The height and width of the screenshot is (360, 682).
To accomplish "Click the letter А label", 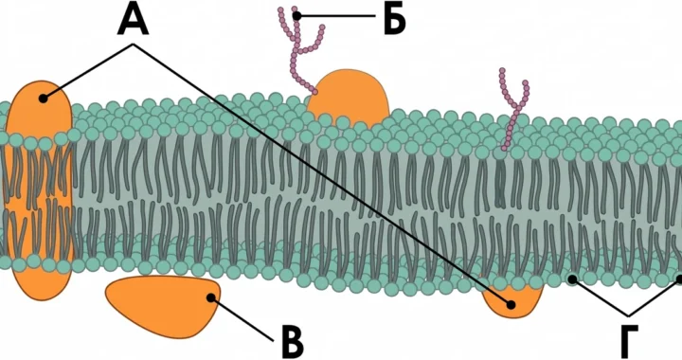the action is click(134, 20).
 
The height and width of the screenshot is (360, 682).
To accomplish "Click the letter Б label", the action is click(394, 20).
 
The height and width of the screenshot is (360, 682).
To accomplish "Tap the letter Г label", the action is click(629, 341).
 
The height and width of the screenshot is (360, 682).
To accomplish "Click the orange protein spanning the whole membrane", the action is click(39, 189).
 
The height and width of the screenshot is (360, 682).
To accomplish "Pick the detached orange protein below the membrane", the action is click(163, 305).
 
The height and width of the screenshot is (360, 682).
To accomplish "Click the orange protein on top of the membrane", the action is click(348, 99).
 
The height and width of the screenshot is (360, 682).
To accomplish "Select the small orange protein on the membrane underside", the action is click(513, 300).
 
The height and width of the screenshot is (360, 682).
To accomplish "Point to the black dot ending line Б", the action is click(297, 16).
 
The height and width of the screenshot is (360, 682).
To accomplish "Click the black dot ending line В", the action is click(211, 297).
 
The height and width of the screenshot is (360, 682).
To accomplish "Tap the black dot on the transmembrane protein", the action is click(43, 99).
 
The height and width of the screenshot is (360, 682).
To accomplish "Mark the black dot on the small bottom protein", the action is click(511, 305).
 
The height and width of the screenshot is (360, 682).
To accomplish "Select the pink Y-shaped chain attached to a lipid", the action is click(513, 109).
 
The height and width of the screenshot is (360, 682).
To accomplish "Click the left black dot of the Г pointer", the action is click(573, 279).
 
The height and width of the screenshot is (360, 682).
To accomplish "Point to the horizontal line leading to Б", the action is click(335, 16).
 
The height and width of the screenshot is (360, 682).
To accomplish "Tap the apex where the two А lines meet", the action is click(134, 44).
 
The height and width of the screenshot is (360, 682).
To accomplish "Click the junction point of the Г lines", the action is click(628, 315).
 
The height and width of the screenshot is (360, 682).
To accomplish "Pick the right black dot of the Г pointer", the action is click(679, 279).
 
